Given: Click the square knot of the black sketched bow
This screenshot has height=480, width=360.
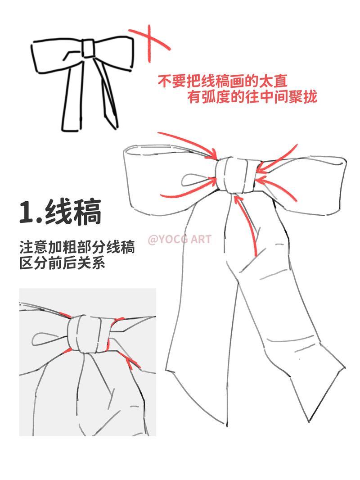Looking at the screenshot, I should click(88, 49).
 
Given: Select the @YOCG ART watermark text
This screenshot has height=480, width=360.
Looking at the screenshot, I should click(179, 239).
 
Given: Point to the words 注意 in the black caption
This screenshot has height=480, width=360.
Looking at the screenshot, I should click(33, 247).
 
